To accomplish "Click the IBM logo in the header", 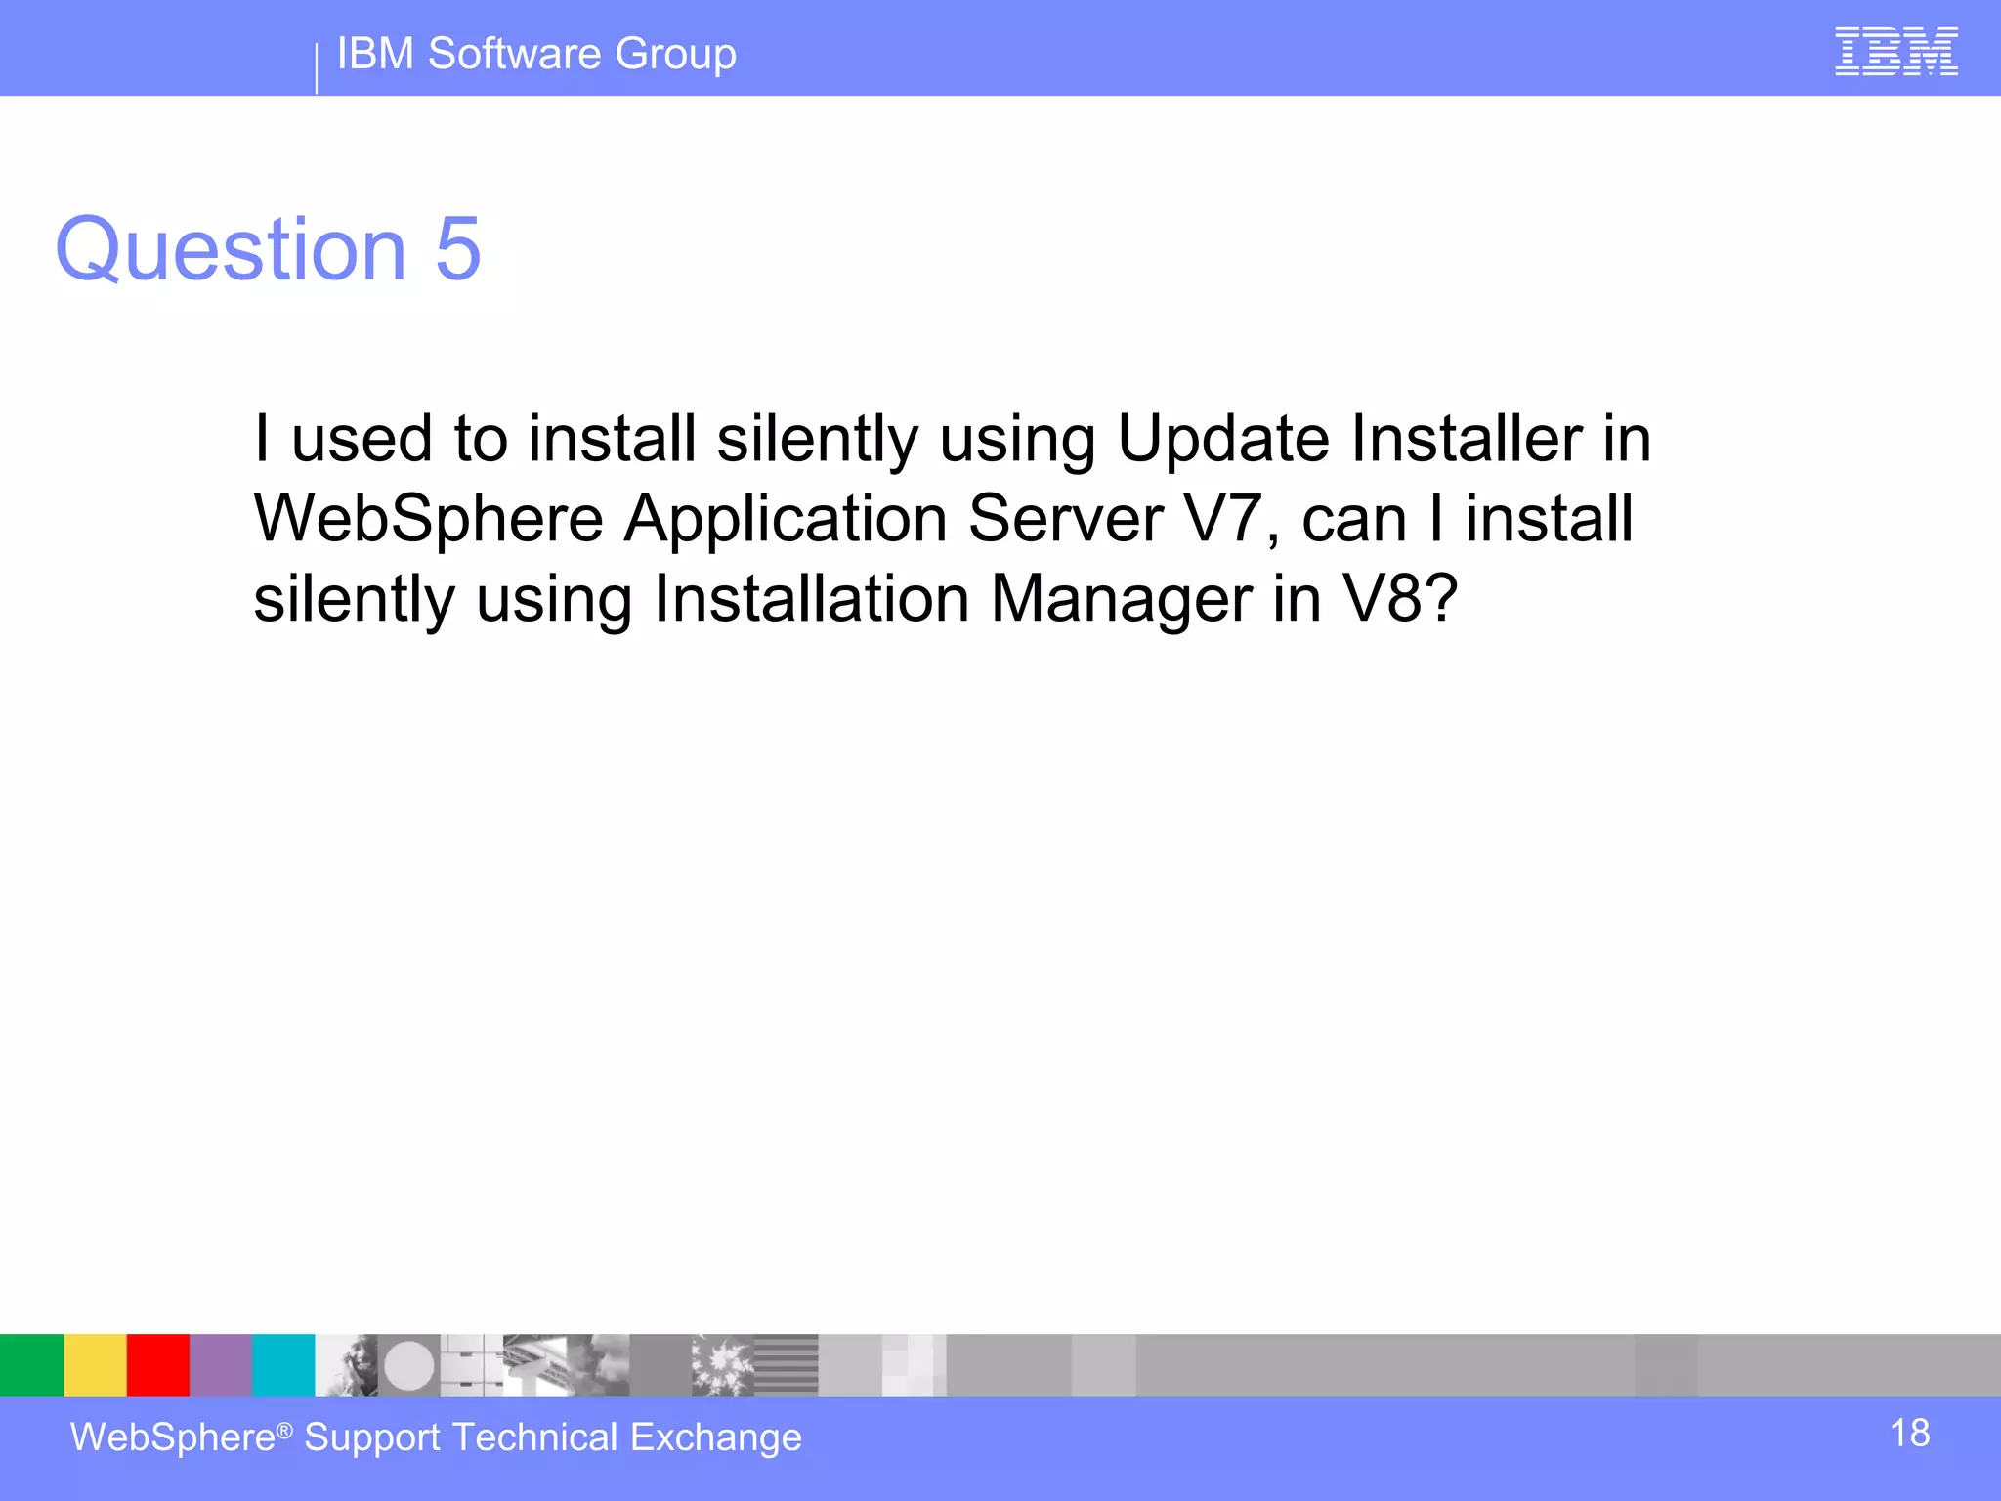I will pos(1895,52).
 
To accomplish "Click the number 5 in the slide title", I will pos(458,249).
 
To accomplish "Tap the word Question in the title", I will pos(231,251).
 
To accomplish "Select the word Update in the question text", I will pos(1222,440).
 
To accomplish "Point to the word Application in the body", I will pos(786,521).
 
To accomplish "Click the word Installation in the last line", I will pos(811,598).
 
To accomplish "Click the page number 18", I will pos(1909,1434).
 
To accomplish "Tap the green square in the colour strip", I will pos(31,1365).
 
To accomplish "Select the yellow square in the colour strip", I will pos(95,1365).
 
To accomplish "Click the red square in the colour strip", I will pos(157,1365).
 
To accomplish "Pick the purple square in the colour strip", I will pos(221,1365).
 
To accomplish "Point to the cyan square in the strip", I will pos(283,1365).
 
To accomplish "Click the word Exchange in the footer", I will pos(715,1438).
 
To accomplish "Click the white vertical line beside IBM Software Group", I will pos(317,68).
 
